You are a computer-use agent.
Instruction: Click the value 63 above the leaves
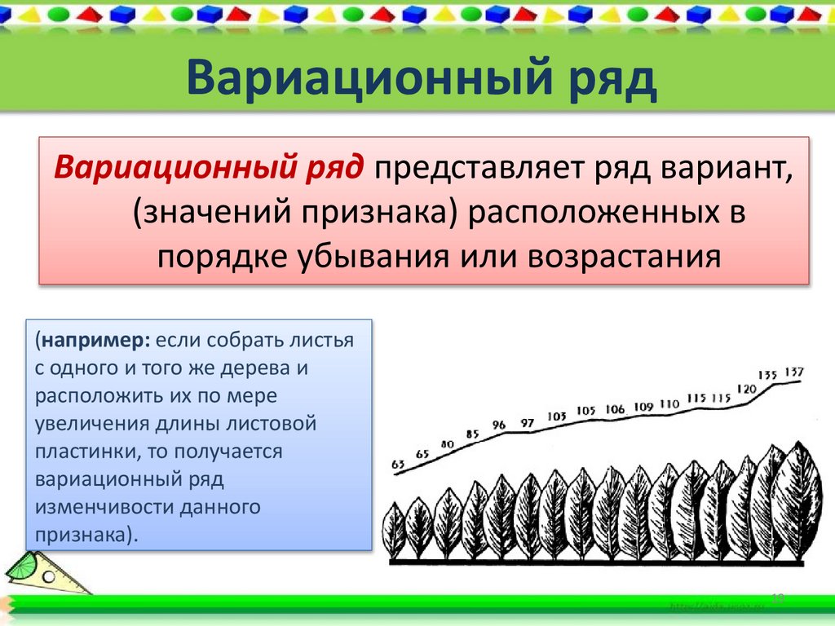click(398, 465)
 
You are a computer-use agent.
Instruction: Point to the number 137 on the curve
click(794, 373)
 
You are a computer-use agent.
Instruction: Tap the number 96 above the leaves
click(499, 425)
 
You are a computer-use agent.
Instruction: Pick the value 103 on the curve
click(557, 417)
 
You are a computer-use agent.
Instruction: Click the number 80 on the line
click(447, 444)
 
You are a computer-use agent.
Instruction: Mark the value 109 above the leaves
click(643, 406)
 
